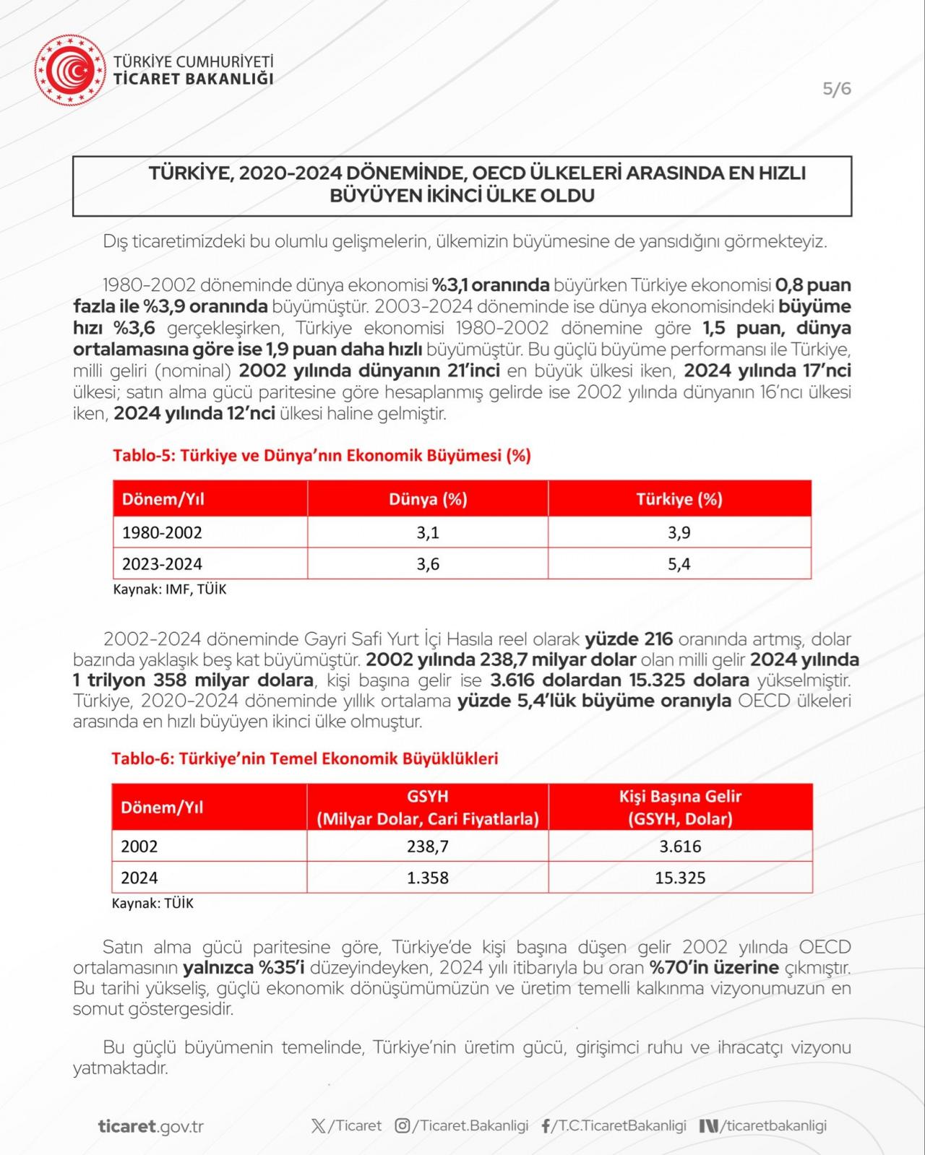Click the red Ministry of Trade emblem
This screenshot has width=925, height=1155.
(70, 71)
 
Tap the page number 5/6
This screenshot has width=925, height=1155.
(837, 89)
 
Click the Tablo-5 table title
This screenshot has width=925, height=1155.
(322, 456)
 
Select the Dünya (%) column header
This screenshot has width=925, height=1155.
(428, 499)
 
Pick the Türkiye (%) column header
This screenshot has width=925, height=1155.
(679, 499)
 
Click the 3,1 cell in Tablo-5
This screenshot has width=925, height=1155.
(428, 532)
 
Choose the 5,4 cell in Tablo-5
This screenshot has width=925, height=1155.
(679, 564)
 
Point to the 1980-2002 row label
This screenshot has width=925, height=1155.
(162, 532)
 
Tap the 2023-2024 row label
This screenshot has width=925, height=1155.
(162, 564)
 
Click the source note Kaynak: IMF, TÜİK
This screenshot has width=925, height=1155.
(170, 589)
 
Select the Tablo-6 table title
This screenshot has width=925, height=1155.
(304, 758)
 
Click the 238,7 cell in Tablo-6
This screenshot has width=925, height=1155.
(428, 847)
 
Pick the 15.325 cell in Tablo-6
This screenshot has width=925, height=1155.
(680, 878)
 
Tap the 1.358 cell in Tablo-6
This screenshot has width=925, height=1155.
(428, 878)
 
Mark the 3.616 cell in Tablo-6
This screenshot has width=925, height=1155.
(680, 847)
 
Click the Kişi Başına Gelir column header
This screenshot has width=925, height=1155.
(680, 807)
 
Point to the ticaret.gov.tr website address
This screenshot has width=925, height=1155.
(150, 1126)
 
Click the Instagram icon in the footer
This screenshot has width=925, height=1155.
(403, 1125)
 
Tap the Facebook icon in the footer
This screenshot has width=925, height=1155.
(546, 1126)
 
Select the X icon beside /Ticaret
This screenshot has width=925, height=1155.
(318, 1125)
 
